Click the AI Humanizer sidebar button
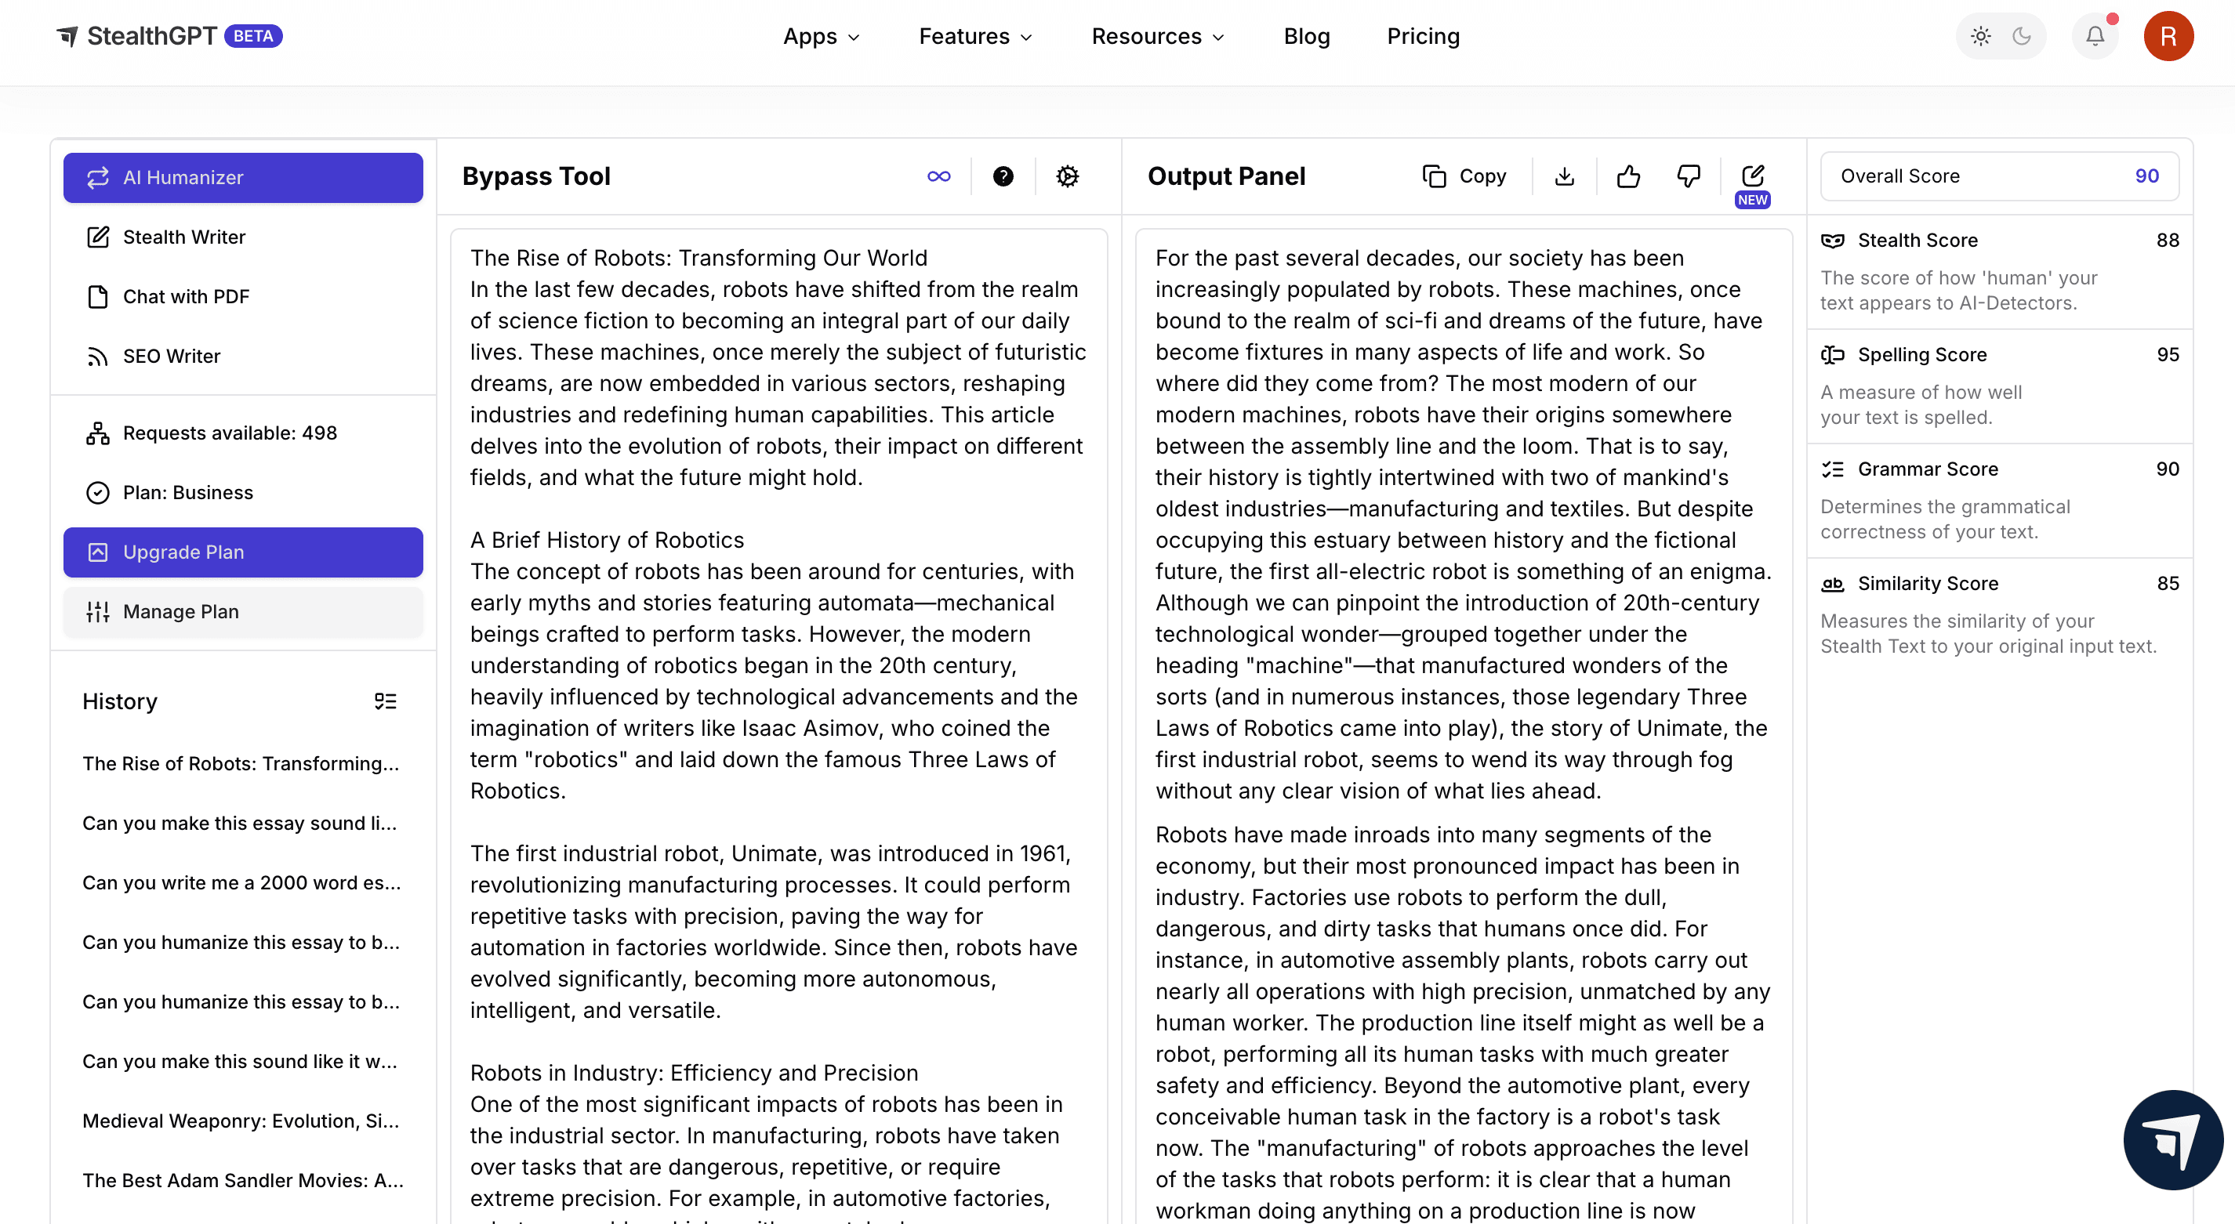pos(243,178)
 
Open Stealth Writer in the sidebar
pos(184,237)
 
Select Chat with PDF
pos(186,297)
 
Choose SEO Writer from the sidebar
pos(172,357)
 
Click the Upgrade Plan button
pos(243,552)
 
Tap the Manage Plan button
pos(243,611)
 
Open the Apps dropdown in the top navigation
pos(821,36)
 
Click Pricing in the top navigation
pos(1423,36)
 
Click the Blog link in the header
pos(1307,36)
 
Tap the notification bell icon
pos(2095,36)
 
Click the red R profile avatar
pos(2168,36)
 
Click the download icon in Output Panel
pos(1564,177)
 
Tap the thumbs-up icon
pos(1628,177)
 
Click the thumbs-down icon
pos(1689,177)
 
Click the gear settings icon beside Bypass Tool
pos(1067,177)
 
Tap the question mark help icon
pos(1003,177)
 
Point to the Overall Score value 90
pos(2146,176)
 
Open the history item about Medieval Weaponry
pos(241,1121)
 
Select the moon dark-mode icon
pos(2023,36)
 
